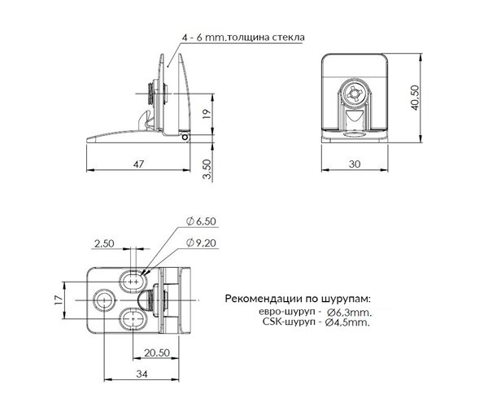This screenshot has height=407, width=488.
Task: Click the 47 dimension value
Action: point(138,164)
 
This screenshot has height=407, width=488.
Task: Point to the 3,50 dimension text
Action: point(207,169)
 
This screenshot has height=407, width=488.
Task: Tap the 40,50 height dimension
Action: point(415,98)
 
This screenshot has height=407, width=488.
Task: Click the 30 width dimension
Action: point(355,164)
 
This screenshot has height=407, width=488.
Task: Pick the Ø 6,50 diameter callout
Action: point(201,221)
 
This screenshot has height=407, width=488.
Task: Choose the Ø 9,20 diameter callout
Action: point(201,243)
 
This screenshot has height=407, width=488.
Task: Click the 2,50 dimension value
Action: point(104,243)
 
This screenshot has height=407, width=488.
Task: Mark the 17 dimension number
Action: point(59,300)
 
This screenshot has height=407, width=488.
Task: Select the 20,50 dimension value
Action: point(157,352)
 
